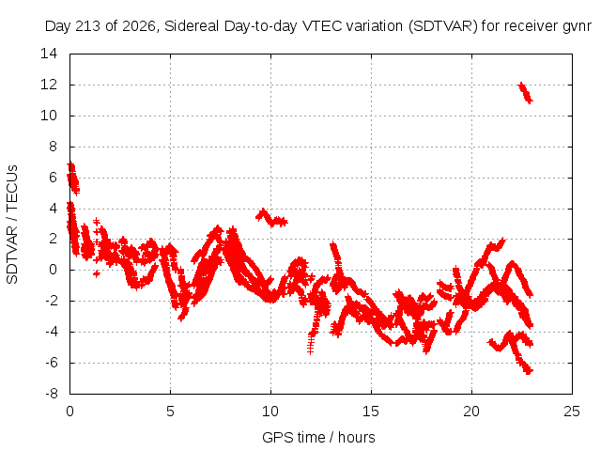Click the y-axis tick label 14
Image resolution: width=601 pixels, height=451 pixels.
49,54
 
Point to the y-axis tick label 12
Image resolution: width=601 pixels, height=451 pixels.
49,85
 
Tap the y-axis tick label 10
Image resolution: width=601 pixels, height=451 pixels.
49,116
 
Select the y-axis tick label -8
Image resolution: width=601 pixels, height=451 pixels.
52,394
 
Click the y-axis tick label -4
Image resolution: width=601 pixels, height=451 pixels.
52,332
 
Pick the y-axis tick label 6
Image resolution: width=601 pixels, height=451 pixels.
53,178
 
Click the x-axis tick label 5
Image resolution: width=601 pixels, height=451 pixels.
170,412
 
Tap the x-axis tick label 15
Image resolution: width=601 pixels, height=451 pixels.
371,412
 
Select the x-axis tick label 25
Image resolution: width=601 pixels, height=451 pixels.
572,412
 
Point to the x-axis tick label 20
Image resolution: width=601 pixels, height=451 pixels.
471,412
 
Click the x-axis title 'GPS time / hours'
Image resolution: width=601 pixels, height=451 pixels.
318,438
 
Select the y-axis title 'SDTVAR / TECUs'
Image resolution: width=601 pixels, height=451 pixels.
12,225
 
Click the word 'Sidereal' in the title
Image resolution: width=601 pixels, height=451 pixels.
192,26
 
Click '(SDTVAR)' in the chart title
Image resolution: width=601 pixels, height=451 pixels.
443,26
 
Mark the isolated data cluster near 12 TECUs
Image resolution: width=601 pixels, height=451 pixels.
525,93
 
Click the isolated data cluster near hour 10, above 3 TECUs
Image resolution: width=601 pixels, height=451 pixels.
271,218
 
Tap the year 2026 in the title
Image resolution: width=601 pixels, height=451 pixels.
139,26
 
